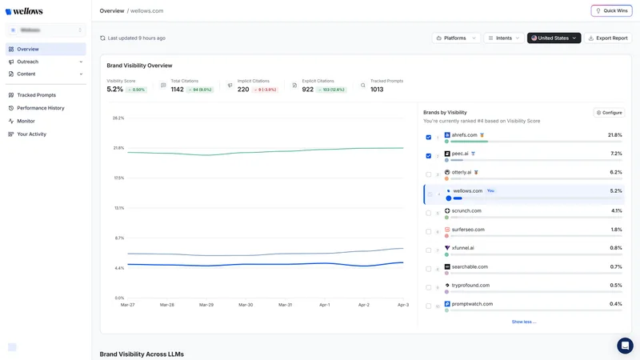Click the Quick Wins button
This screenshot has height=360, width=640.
coord(611,10)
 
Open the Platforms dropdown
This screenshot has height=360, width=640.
coord(456,38)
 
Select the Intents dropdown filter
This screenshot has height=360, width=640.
coord(504,38)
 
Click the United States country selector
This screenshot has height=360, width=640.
coord(554,38)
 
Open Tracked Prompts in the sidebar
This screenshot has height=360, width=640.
coord(37,95)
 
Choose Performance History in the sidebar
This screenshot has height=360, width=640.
coord(41,108)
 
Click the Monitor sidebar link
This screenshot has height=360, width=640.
coord(26,121)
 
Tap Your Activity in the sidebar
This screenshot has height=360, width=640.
coord(32,134)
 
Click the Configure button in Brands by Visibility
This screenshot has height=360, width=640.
coord(609,113)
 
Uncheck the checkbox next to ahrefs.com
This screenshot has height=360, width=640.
coord(429,137)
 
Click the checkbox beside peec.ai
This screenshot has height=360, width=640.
coord(429,155)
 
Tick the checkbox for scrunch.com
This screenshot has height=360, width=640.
coord(429,213)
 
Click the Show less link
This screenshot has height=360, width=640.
coord(524,322)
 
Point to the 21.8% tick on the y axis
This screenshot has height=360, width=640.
coord(118,148)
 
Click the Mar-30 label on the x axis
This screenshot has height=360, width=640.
coord(246,305)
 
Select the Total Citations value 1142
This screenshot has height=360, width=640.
coord(178,90)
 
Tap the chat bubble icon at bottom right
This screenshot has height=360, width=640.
coord(625,346)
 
